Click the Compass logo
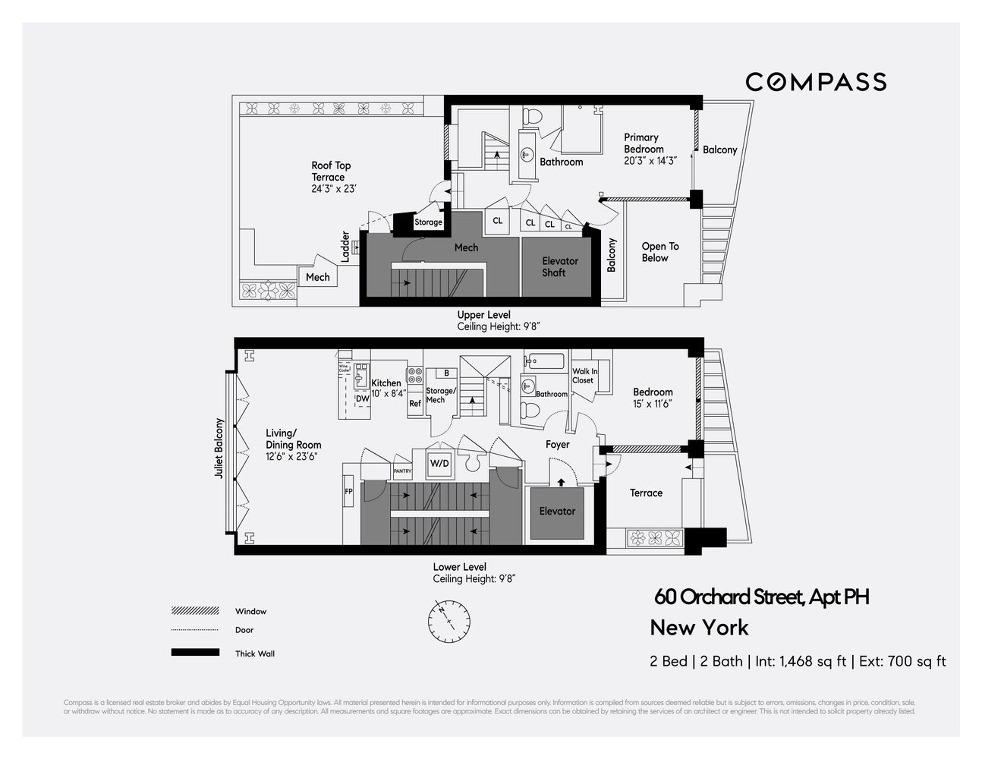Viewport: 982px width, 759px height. click(x=816, y=82)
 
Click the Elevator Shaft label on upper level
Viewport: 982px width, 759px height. click(x=560, y=266)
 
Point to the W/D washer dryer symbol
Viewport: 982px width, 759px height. click(x=439, y=463)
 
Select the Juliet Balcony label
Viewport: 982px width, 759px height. click(x=219, y=448)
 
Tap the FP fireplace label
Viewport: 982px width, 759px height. click(x=349, y=491)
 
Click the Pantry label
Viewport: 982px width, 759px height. click(x=402, y=471)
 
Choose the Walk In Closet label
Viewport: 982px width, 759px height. click(x=584, y=376)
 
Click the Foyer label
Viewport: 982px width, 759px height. click(x=557, y=445)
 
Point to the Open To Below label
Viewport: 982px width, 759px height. click(x=659, y=252)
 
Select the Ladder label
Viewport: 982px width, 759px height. click(x=346, y=247)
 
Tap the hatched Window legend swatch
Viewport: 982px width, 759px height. click(x=195, y=611)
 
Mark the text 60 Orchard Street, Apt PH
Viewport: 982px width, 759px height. click(x=761, y=597)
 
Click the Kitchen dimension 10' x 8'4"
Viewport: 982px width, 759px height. click(x=389, y=393)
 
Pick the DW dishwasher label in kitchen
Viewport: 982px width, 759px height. click(x=362, y=398)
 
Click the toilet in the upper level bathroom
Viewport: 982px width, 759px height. click(x=533, y=116)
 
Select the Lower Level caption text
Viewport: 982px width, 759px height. click(x=459, y=567)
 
